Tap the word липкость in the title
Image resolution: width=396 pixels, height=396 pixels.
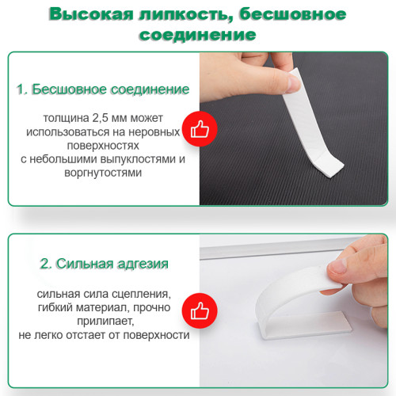[x=189, y=15]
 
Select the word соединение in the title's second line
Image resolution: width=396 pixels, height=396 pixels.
[x=197, y=36]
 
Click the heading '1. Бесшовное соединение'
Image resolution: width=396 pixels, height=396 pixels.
[x=102, y=89]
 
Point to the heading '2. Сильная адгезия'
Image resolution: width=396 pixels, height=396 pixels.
[x=103, y=262]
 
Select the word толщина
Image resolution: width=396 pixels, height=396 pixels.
[x=74, y=117]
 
